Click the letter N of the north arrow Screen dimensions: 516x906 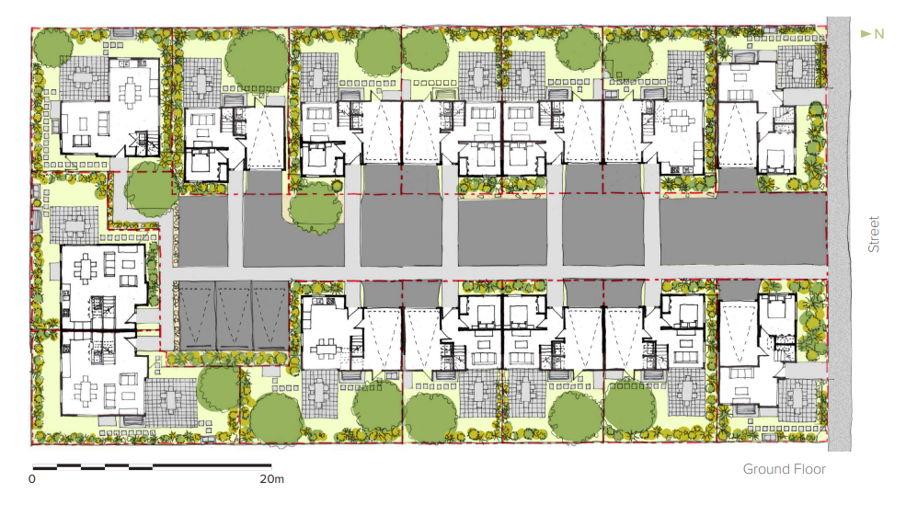coord(878,34)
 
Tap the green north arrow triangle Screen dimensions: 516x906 coord(866,34)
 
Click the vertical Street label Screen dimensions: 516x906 coord(875,235)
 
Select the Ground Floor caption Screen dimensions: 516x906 coord(784,469)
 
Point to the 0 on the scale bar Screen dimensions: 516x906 coord(31,479)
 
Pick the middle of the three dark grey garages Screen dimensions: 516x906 coord(234,315)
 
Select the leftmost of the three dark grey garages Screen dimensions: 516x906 coord(195,315)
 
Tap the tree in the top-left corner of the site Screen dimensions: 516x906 coord(52,45)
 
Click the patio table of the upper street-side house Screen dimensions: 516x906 coord(796,64)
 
